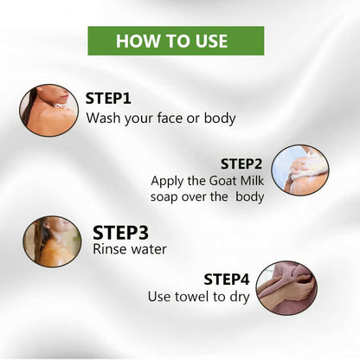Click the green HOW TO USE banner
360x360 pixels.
(176, 41)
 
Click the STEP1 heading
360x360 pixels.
(108, 99)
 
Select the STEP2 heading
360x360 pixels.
(241, 164)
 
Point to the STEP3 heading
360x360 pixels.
(120, 233)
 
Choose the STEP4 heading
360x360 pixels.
(227, 280)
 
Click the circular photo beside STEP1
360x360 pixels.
(48, 110)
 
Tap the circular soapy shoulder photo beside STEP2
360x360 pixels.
(300, 170)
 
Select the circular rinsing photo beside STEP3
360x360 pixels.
(52, 241)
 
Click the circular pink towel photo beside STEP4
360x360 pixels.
(286, 289)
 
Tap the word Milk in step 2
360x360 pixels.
(252, 181)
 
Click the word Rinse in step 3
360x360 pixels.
(105, 249)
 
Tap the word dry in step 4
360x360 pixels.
(240, 298)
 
